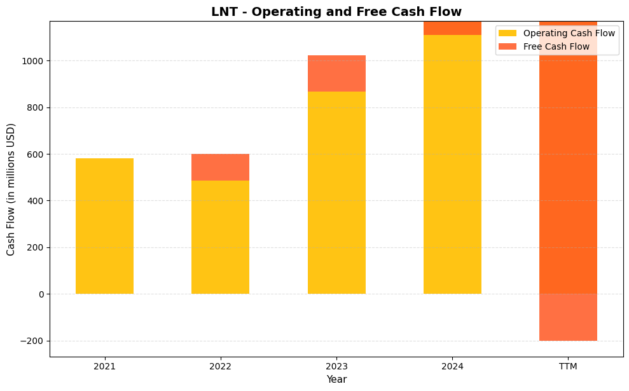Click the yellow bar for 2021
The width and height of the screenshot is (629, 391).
[104, 226]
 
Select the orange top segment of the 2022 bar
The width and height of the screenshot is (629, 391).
[220, 167]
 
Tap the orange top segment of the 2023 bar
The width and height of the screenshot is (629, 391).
[336, 73]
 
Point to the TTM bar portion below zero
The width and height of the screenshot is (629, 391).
[568, 317]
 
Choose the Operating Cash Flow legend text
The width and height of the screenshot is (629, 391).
[569, 33]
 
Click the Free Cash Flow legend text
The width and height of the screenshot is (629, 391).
[556, 46]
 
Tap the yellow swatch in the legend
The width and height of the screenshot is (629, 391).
[508, 33]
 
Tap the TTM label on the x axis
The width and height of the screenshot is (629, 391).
[568, 367]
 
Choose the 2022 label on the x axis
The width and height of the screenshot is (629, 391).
[220, 367]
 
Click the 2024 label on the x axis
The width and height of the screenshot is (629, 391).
[452, 367]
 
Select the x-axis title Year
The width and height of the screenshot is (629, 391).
[336, 380]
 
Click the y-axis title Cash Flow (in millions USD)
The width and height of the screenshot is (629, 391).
[11, 189]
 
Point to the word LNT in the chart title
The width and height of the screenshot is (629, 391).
[225, 11]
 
